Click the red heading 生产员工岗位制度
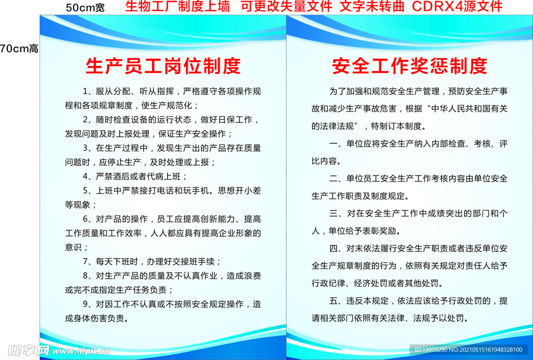[163, 66]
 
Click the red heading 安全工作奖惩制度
[410, 66]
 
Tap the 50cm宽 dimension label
[85, 8]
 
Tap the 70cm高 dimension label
[19, 49]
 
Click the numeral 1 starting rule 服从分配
[86, 92]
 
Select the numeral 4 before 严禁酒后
[86, 176]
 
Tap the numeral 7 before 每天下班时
[86, 261]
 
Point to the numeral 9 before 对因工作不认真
[86, 304]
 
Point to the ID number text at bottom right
[468, 350]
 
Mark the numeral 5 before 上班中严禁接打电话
[86, 190]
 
